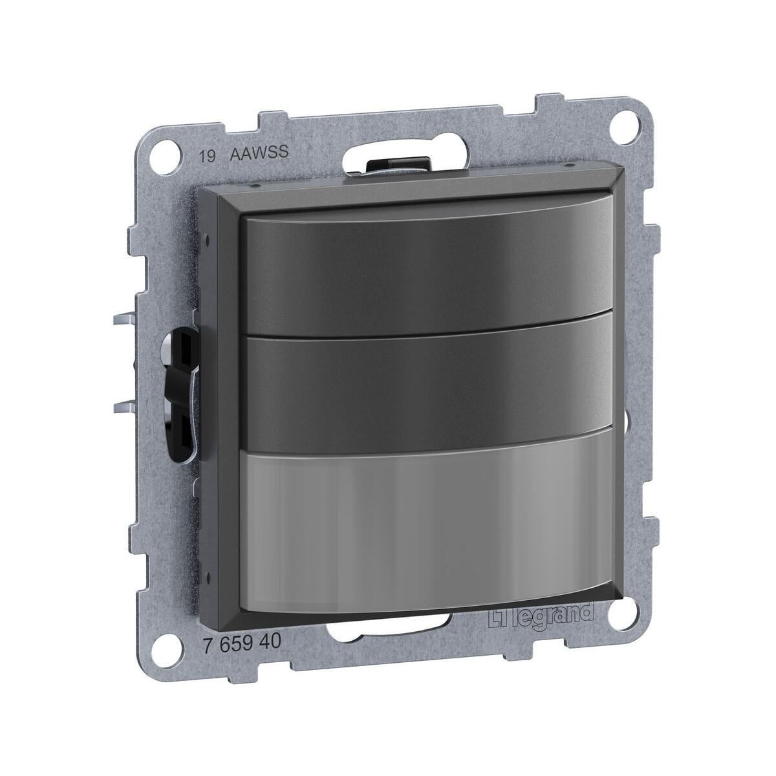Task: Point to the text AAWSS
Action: click(x=259, y=153)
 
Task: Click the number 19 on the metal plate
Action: click(x=208, y=156)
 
